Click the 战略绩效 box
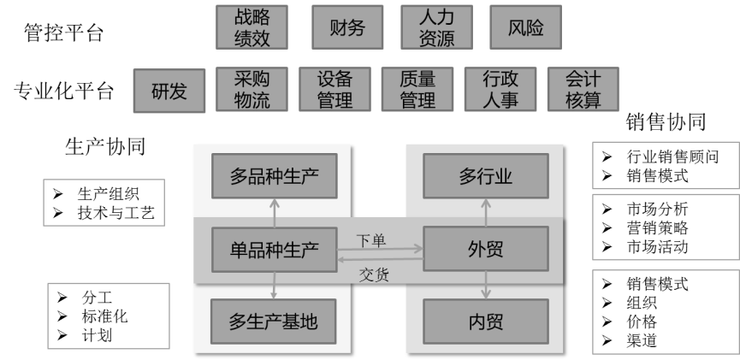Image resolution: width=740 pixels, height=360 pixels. pos(252,27)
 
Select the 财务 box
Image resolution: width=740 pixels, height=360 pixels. pos(347,27)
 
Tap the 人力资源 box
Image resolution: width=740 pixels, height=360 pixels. pos(436,27)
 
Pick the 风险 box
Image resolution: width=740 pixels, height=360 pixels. pos(526,27)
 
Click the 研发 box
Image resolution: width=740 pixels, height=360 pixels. pos(169,91)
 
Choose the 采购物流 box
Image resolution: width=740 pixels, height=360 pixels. pos(252,90)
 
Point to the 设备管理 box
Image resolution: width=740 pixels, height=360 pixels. pos(334,90)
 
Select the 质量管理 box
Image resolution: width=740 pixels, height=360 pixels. pos(417,90)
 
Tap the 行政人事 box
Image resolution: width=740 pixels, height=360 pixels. pos(500,90)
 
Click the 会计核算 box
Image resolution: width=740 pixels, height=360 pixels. pos(583,90)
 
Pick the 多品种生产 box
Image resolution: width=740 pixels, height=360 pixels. pos(273,176)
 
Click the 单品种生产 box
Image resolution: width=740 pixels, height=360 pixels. pos(274,249)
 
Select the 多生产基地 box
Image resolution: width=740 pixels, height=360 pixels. pos(273,322)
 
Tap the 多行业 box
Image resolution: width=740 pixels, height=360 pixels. pos(485,176)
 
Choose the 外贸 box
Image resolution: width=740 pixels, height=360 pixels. pos(485,249)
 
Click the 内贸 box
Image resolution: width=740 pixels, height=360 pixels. pos(485,322)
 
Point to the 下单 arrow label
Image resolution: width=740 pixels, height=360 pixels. pos(371,240)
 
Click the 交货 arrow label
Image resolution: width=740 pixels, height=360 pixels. pos(374,274)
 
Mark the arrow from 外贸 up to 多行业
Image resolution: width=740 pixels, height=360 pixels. pos(485,211)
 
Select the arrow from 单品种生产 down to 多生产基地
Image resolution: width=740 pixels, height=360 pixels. pos(274,286)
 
